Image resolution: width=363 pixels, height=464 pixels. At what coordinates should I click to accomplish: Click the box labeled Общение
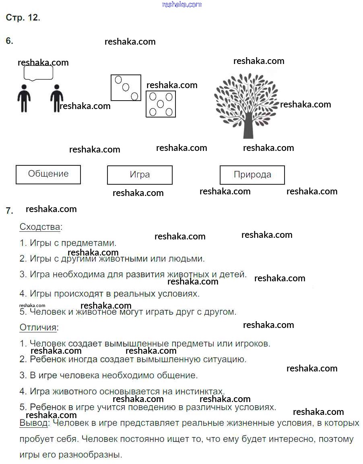[x=48, y=174]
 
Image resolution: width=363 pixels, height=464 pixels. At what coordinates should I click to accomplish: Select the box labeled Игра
[x=140, y=175]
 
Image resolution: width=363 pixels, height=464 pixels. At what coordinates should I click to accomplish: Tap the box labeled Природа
[x=252, y=175]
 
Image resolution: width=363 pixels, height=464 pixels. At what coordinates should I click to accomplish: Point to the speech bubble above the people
[x=38, y=73]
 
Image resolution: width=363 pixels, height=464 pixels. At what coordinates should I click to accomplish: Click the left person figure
[x=24, y=98]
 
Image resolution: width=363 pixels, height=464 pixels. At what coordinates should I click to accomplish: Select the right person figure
[x=57, y=98]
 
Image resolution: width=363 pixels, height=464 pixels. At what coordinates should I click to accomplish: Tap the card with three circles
[x=126, y=87]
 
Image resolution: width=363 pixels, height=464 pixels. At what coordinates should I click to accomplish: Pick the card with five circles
[x=161, y=104]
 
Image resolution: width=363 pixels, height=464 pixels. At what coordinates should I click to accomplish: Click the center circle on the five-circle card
[x=161, y=104]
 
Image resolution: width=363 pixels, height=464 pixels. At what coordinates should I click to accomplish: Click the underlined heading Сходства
[x=40, y=227]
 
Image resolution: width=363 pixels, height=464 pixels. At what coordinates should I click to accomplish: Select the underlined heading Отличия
[x=38, y=327]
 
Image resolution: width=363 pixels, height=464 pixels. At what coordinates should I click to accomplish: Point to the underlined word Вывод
[x=34, y=423]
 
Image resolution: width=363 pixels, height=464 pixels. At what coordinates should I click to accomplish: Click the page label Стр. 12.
[x=23, y=18]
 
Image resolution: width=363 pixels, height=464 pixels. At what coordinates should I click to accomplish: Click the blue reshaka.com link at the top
[x=181, y=4]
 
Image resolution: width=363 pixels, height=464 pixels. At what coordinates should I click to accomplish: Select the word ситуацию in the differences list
[x=225, y=359]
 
